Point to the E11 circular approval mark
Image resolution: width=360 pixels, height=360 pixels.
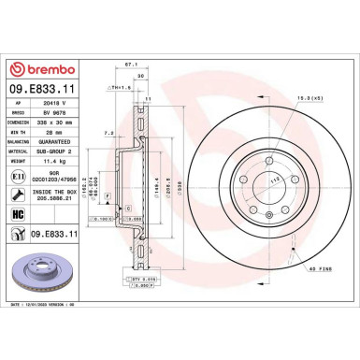click(16, 175)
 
